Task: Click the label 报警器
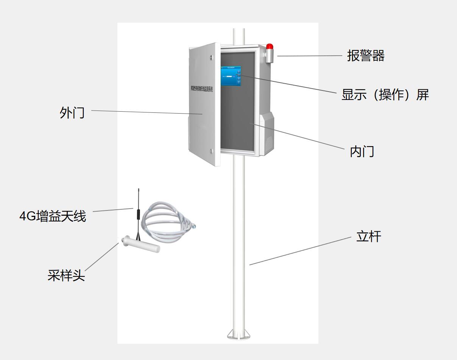[x=366, y=56]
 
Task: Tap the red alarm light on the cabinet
[x=269, y=47]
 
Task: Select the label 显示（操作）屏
[x=385, y=95]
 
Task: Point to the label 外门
[x=72, y=113]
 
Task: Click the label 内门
[x=362, y=151]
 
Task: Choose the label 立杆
[x=368, y=237]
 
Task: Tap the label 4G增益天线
[x=53, y=216]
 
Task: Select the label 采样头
[x=66, y=275]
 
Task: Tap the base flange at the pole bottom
[x=238, y=334]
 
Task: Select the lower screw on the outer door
[x=211, y=151]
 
